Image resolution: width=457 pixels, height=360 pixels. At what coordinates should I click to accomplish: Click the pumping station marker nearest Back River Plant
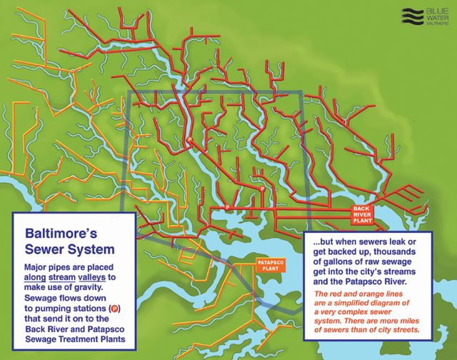263,189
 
